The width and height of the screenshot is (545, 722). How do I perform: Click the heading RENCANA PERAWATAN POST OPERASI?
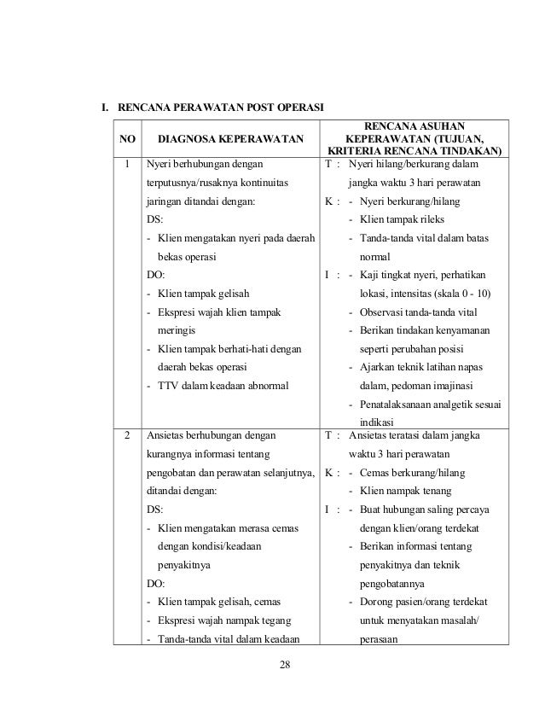point(220,108)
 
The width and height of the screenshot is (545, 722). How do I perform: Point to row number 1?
point(126,163)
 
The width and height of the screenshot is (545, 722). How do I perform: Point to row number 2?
point(126,434)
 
